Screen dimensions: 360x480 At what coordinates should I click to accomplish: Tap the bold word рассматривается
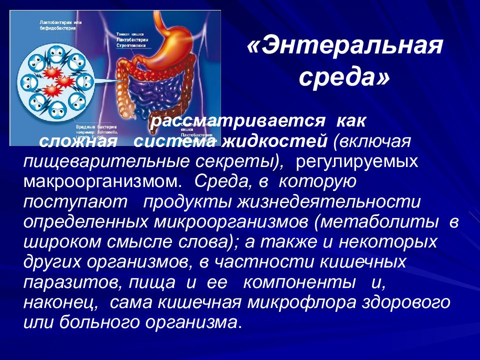[x=235, y=121]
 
